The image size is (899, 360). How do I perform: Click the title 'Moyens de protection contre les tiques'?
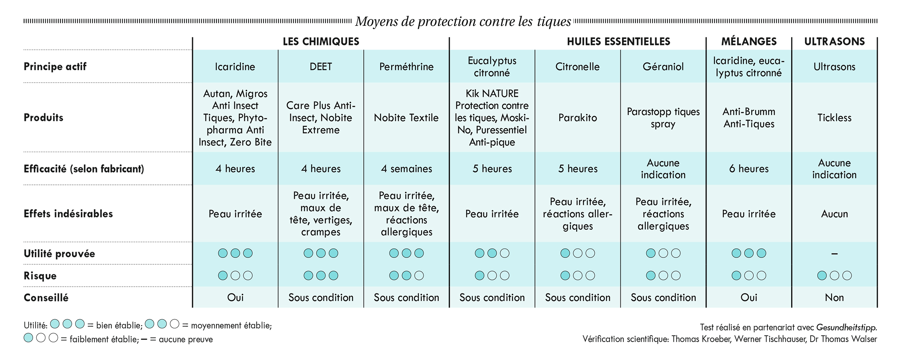[x=463, y=22]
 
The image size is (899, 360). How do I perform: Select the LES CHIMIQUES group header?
[x=321, y=41]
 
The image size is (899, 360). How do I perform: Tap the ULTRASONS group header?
[x=834, y=41]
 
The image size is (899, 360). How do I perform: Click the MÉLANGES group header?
[x=749, y=41]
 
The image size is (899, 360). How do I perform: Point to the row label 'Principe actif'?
[x=55, y=67]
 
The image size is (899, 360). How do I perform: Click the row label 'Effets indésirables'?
[x=68, y=214]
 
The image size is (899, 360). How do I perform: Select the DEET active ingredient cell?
[x=321, y=67]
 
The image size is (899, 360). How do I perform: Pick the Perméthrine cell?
[x=406, y=67]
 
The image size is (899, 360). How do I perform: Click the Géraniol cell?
[x=663, y=67]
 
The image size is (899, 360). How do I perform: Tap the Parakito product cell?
[x=578, y=118]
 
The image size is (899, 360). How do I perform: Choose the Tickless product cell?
[x=834, y=118]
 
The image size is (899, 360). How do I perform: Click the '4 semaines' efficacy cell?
[x=406, y=169]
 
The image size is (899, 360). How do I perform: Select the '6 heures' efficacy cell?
[x=749, y=169]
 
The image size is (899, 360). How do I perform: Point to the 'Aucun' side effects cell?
[x=834, y=214]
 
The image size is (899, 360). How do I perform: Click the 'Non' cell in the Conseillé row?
[x=834, y=297]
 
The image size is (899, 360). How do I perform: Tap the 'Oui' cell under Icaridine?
[x=235, y=297]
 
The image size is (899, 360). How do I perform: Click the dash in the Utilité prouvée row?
[x=834, y=254]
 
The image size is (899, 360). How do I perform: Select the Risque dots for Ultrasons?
[x=834, y=275]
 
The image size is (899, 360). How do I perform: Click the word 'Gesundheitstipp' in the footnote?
[x=846, y=328]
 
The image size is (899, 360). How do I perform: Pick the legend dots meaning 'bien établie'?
[x=67, y=324]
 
